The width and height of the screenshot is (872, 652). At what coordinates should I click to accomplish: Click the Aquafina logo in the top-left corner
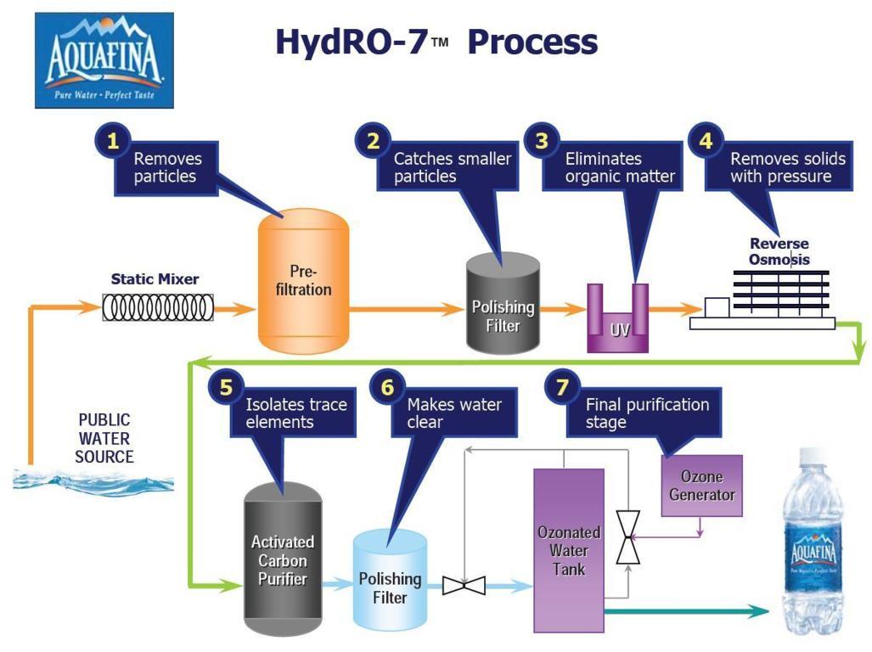pyautogui.click(x=104, y=60)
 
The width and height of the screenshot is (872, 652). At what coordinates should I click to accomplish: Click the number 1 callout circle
pyautogui.click(x=111, y=141)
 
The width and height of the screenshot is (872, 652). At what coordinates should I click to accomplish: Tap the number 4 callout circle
pyautogui.click(x=705, y=141)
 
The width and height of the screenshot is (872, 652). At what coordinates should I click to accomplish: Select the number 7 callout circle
pyautogui.click(x=561, y=387)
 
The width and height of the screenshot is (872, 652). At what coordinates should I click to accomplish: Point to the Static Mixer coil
pyautogui.click(x=158, y=307)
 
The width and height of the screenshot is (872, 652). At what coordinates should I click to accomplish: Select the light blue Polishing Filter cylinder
pyautogui.click(x=389, y=578)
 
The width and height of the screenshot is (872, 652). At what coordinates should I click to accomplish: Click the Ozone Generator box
pyautogui.click(x=701, y=485)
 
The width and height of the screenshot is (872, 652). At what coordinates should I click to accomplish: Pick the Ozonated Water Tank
pyautogui.click(x=567, y=549)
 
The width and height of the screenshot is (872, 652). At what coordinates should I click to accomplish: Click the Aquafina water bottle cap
pyautogui.click(x=813, y=457)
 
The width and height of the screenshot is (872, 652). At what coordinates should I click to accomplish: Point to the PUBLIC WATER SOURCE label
pyautogui.click(x=105, y=438)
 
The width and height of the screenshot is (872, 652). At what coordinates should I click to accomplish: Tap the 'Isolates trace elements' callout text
pyautogui.click(x=295, y=413)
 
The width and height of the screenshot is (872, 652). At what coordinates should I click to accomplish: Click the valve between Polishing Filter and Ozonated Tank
pyautogui.click(x=464, y=586)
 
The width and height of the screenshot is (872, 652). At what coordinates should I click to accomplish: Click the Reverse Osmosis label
pyautogui.click(x=779, y=251)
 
